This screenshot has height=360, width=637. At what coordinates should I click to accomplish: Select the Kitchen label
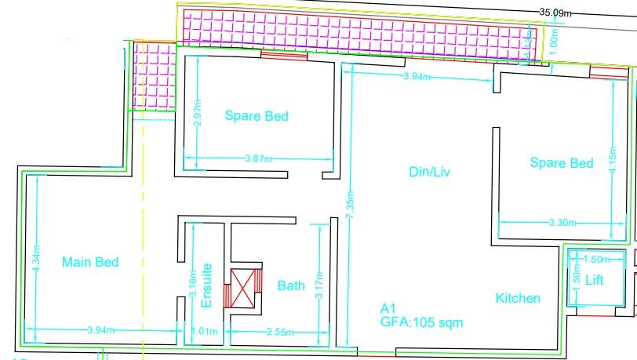coord(518,298)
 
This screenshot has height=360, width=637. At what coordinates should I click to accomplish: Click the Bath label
coord(291,286)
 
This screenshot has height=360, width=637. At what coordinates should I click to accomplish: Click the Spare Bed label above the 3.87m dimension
coord(257,117)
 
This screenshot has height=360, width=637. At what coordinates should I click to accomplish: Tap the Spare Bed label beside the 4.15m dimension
coord(561,163)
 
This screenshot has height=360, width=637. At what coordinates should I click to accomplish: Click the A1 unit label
coord(388,308)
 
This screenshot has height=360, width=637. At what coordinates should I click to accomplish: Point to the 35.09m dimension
coord(555,12)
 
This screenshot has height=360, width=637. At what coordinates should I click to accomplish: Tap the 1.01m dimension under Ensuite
coord(203,331)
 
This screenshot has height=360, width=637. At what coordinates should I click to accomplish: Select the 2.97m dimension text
coord(198,114)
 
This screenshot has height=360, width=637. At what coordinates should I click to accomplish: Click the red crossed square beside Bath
coord(242,289)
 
